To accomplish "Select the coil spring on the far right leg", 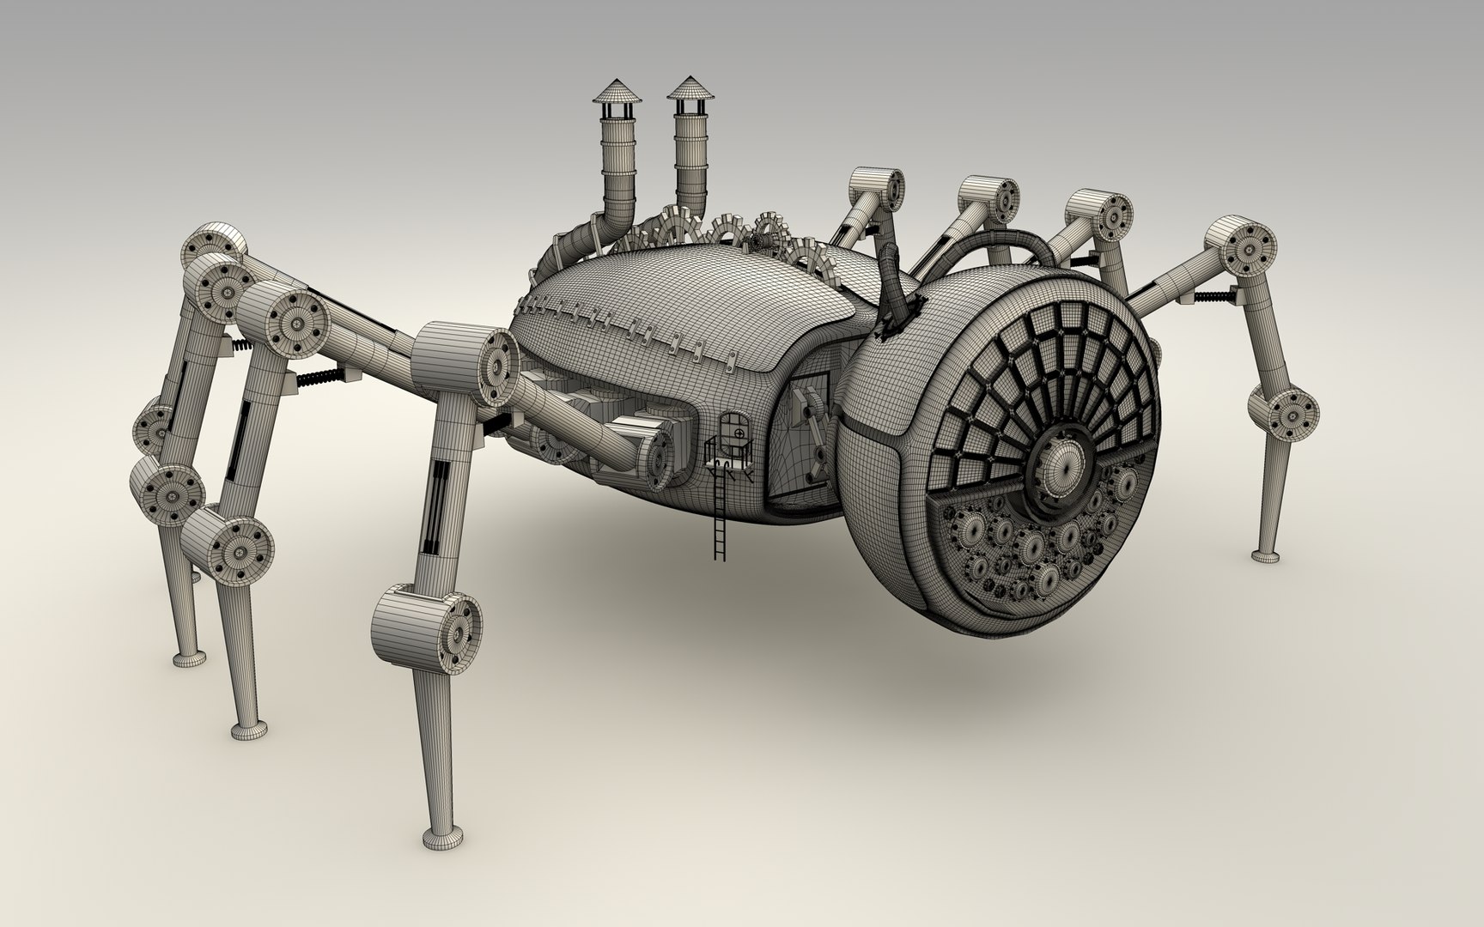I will tap(1217, 296).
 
